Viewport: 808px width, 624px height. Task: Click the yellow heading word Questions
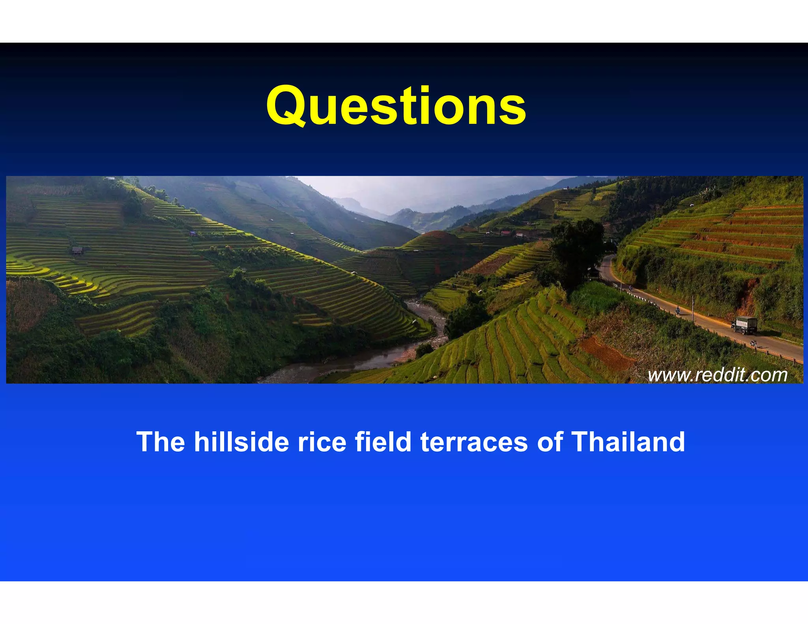click(x=396, y=106)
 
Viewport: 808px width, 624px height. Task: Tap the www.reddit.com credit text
click(x=717, y=375)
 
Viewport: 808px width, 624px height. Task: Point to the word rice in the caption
click(x=322, y=441)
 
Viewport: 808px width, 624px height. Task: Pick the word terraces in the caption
click(x=474, y=441)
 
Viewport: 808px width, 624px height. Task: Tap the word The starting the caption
click(x=161, y=441)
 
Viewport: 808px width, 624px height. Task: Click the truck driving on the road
click(x=744, y=325)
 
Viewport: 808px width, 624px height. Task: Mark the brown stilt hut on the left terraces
click(x=77, y=250)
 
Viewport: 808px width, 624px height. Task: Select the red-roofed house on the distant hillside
click(x=505, y=233)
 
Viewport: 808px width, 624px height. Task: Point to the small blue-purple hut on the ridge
click(x=193, y=234)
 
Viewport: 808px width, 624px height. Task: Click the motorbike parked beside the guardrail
click(x=753, y=343)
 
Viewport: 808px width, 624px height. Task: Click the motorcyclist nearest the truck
click(x=677, y=310)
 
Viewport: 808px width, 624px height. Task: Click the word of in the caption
click(x=549, y=441)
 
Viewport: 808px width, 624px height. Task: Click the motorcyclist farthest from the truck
click(x=631, y=288)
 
